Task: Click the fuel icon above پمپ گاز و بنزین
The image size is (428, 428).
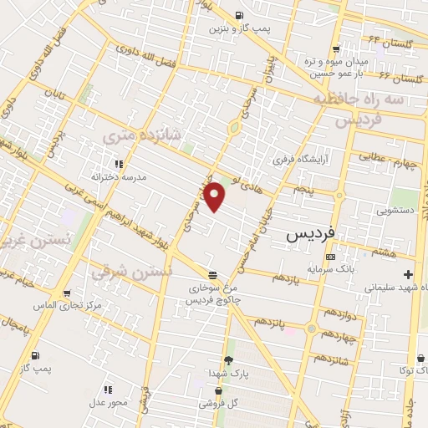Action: (239, 16)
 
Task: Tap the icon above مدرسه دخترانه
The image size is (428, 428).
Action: (118, 164)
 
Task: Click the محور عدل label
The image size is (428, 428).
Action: (107, 402)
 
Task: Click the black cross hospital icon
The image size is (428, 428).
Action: (408, 274)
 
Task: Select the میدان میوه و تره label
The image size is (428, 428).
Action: (342, 62)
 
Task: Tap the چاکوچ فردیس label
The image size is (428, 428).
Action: (212, 298)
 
